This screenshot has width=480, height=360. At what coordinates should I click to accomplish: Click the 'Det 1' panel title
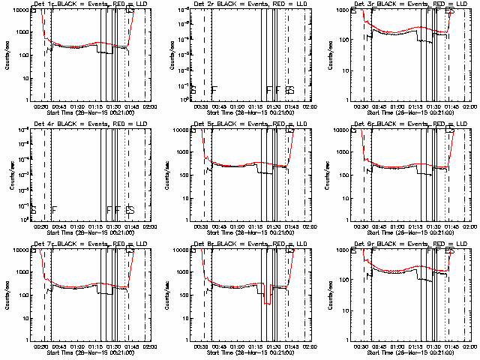43,4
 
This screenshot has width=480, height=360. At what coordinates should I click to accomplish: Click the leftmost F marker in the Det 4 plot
55,209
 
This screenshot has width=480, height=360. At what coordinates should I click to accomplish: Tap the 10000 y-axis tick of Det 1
20,10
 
